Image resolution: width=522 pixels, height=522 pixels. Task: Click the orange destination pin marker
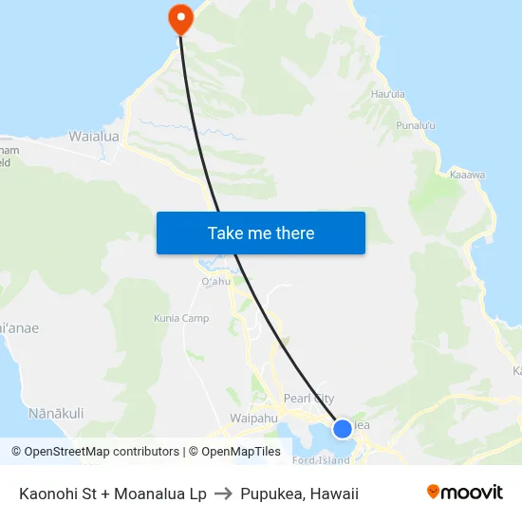[179, 17]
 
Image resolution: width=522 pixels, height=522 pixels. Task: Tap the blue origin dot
[343, 429]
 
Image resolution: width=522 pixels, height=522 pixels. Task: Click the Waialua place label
[94, 137]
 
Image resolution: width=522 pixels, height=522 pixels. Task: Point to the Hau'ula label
[388, 95]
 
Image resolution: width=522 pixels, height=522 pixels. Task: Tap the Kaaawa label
[467, 175]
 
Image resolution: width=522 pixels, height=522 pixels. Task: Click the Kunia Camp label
[181, 319]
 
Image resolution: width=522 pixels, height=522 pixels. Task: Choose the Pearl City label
[308, 399]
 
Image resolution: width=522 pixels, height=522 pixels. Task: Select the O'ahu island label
[215, 281]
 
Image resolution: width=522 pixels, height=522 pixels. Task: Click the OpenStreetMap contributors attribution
[95, 452]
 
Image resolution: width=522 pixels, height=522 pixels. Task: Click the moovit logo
[464, 493]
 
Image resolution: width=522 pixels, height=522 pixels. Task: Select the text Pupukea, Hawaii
[299, 494]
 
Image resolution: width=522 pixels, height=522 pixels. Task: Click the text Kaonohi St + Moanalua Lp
[112, 494]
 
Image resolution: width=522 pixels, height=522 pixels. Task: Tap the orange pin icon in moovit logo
[434, 492]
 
